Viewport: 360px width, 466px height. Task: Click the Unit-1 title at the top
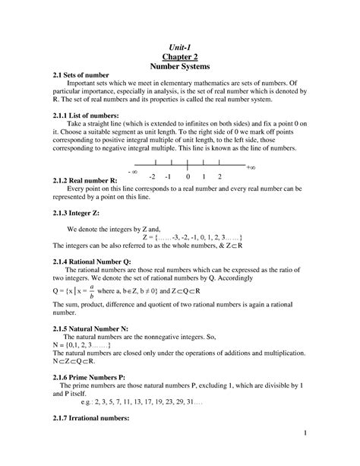pos(179,47)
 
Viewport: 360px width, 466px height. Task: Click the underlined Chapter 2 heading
pos(179,57)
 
